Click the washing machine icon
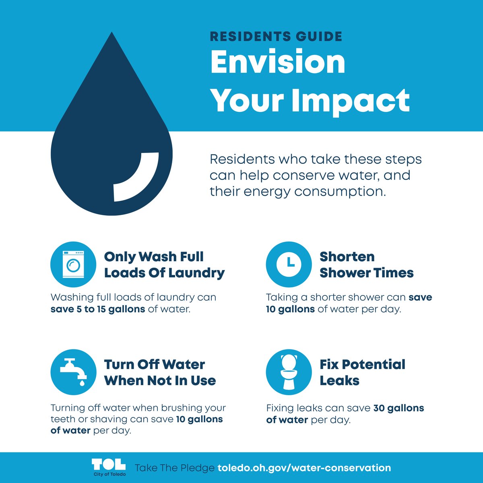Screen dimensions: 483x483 click(x=73, y=264)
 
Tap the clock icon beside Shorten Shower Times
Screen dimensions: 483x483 click(x=289, y=264)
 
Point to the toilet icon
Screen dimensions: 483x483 click(x=289, y=372)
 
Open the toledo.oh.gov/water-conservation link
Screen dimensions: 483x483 click(x=304, y=468)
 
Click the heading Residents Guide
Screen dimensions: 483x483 click(x=276, y=37)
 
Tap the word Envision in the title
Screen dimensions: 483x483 click(x=278, y=62)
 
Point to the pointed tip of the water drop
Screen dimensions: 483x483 click(x=111, y=34)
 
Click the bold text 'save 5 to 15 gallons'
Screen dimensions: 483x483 click(x=98, y=309)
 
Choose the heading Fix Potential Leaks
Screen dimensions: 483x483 click(x=362, y=372)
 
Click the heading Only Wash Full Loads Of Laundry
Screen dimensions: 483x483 click(x=164, y=264)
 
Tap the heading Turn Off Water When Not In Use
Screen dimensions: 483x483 click(x=160, y=372)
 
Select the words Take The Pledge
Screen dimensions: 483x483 click(x=174, y=468)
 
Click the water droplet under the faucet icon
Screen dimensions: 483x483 click(x=82, y=382)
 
